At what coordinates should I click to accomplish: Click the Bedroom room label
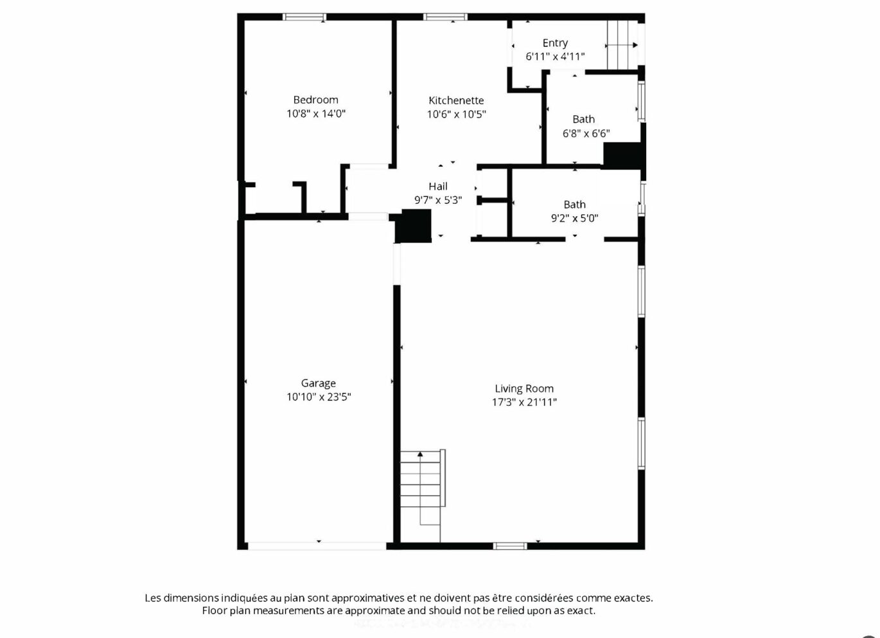(x=315, y=100)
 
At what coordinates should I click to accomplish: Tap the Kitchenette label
(x=456, y=101)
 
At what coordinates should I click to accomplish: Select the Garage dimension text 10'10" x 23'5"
(x=319, y=397)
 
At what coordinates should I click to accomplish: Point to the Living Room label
(x=524, y=388)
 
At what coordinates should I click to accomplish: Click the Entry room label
(x=555, y=43)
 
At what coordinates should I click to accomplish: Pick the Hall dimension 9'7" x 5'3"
(x=438, y=200)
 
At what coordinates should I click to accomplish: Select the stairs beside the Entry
(x=622, y=45)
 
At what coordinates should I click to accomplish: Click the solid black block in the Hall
(x=413, y=226)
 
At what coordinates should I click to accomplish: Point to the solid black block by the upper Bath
(x=622, y=156)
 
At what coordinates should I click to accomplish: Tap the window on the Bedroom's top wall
(x=304, y=17)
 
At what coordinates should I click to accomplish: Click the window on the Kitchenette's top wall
(x=445, y=17)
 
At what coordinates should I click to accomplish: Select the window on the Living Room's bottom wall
(x=510, y=546)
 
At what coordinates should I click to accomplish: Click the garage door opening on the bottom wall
(x=317, y=546)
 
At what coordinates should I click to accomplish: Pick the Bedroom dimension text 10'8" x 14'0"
(x=316, y=114)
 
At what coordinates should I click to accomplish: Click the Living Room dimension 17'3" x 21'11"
(x=524, y=403)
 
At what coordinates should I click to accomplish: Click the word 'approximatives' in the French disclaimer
(x=367, y=598)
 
